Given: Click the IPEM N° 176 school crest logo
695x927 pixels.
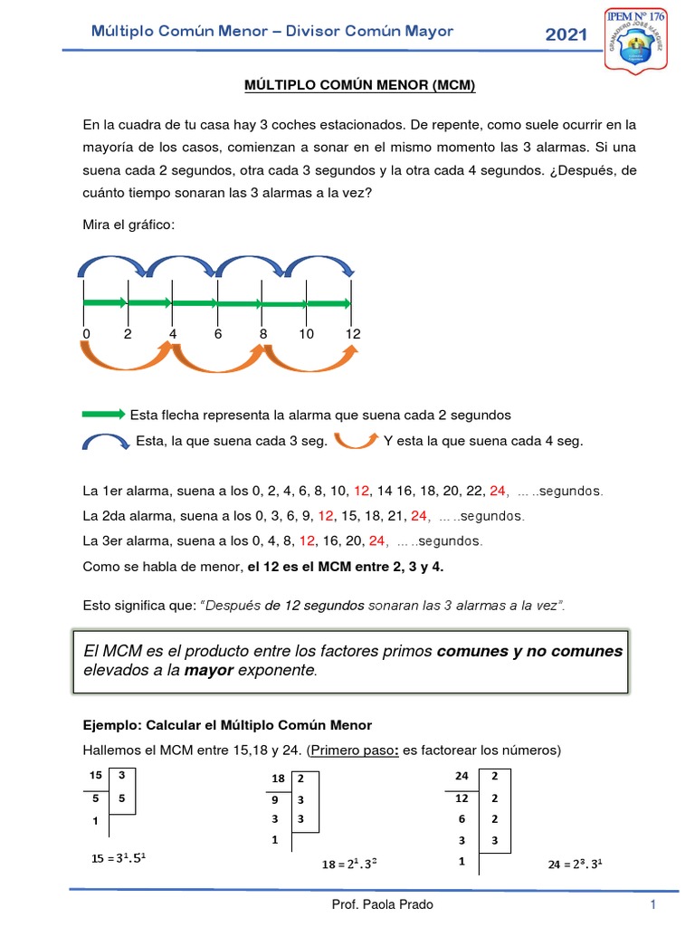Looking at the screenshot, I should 644,42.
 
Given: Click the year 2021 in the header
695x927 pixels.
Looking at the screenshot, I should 566,35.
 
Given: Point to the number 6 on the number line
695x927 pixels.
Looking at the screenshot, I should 217,334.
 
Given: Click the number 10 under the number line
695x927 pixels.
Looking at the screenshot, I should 306,334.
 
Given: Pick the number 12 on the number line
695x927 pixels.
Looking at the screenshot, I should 352,334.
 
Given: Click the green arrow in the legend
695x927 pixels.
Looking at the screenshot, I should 103,415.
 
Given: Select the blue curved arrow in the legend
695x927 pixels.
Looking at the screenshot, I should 106,441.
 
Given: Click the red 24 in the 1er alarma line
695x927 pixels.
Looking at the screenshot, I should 497,491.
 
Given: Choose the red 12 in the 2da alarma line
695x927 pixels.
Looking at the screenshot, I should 326,516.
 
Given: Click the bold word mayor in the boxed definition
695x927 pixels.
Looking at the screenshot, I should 209,671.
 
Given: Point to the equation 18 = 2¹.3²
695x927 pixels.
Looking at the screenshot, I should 348,865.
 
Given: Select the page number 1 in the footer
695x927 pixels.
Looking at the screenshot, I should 652,904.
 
